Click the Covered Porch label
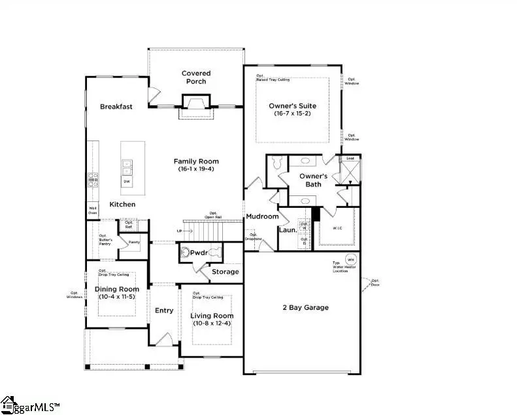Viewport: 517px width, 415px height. (196, 77)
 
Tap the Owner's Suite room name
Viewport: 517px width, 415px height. (292, 105)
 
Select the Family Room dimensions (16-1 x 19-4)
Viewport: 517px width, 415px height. (196, 169)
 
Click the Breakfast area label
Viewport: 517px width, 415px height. (116, 107)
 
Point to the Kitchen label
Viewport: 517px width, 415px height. (122, 205)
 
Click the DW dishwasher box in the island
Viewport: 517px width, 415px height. (127, 181)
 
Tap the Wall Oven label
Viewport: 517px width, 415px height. (93, 210)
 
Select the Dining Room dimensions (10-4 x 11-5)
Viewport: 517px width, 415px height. (118, 297)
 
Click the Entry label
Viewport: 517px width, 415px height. (164, 310)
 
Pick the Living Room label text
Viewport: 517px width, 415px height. (212, 316)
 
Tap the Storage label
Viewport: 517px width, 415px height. (225, 271)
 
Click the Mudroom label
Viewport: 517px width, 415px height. (262, 216)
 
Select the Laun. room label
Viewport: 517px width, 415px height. (288, 230)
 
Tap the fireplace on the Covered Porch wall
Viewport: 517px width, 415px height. (196, 105)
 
